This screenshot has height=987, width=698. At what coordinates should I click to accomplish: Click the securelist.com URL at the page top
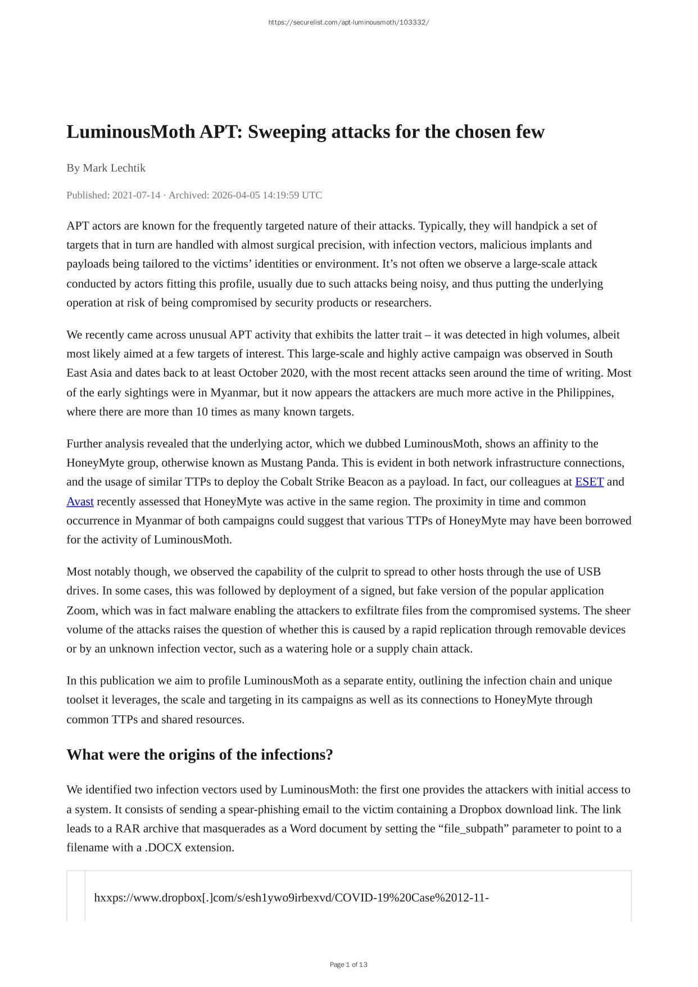tap(348, 22)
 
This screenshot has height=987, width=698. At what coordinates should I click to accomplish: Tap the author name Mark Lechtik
tap(114, 168)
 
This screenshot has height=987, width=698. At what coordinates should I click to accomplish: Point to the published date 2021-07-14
tap(136, 195)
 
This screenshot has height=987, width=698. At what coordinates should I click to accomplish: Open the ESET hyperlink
tap(589, 482)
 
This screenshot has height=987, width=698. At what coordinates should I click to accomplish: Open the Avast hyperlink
tap(80, 501)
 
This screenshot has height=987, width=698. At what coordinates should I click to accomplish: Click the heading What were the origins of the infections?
tap(200, 754)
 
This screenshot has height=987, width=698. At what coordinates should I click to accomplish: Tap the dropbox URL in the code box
tap(291, 898)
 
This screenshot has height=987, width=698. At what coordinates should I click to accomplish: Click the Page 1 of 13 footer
tap(348, 965)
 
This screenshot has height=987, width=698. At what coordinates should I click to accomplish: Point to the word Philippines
tap(584, 392)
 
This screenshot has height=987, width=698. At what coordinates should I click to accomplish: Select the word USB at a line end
tap(589, 572)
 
